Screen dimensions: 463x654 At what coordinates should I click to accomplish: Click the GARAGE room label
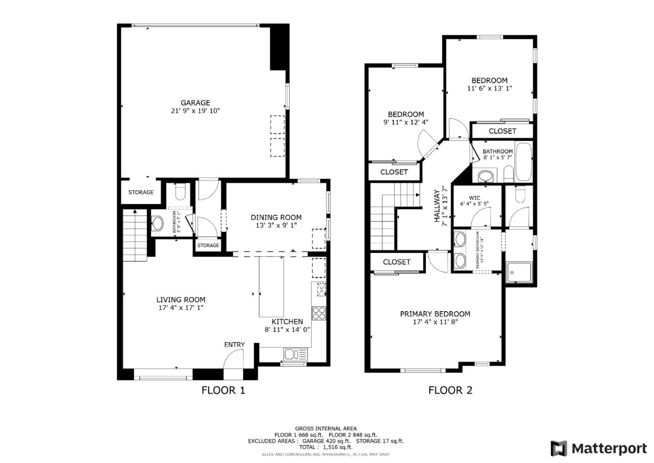195,103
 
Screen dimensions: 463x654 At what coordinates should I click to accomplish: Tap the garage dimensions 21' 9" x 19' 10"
195,111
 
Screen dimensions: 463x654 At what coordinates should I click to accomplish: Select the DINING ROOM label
276,217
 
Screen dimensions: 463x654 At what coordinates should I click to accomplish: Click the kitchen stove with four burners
319,313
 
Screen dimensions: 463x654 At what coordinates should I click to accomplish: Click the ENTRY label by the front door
234,345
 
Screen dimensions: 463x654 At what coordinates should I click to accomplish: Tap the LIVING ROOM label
181,300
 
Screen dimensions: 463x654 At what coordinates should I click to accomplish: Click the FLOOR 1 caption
223,390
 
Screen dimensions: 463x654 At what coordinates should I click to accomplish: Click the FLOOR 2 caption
450,390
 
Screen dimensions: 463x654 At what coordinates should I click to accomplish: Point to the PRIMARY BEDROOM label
435,314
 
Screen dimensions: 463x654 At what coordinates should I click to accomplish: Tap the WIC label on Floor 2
474,198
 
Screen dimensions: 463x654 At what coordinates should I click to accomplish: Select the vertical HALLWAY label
437,206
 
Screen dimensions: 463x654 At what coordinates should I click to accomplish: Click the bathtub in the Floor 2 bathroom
524,162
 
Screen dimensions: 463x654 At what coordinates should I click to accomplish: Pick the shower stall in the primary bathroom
519,272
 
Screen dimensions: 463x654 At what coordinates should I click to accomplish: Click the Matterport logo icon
559,448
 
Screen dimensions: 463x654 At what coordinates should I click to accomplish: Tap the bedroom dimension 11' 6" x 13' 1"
489,89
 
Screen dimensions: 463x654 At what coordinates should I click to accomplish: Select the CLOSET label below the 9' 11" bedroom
394,172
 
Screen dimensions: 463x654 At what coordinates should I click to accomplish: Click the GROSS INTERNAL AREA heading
326,428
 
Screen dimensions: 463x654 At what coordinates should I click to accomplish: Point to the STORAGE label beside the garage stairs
141,192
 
